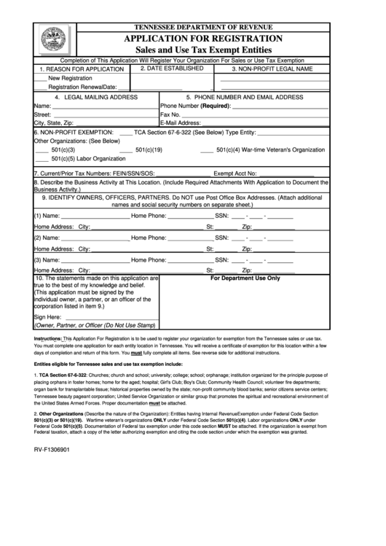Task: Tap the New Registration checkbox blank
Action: click(x=41, y=77)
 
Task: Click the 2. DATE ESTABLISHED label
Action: click(x=171, y=68)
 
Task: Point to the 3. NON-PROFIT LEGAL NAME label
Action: click(x=272, y=69)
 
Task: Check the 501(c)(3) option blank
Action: click(x=41, y=149)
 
